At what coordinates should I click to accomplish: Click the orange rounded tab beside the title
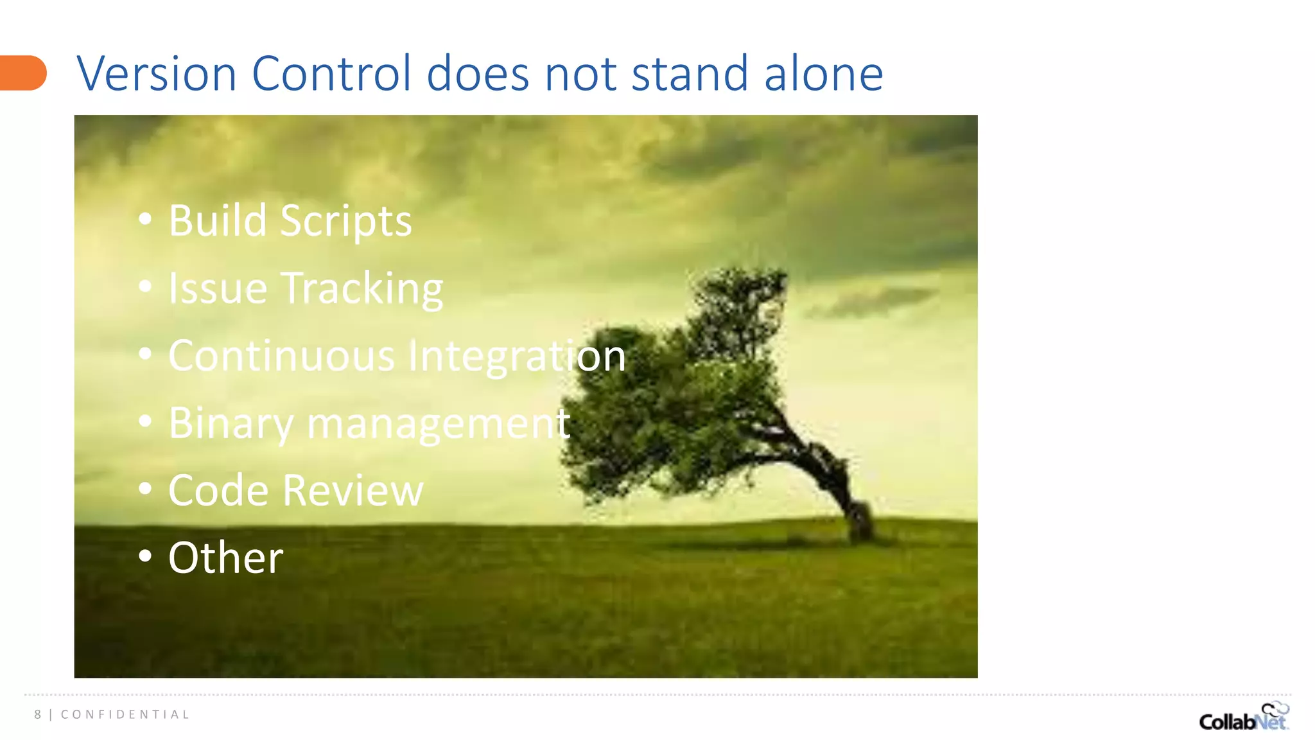[23, 73]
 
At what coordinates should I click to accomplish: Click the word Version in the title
[157, 74]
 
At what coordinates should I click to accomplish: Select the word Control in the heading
[331, 74]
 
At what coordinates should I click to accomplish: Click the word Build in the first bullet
[217, 221]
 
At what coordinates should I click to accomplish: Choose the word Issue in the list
[218, 288]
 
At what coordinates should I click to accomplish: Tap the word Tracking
[363, 290]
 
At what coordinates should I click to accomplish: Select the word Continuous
[281, 356]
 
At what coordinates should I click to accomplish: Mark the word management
[439, 425]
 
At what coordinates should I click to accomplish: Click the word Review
[353, 491]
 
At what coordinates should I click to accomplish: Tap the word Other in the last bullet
[225, 558]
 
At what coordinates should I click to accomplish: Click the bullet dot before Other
[145, 556]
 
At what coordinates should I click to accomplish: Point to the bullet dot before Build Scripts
[145, 219]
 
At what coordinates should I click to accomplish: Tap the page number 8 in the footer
[38, 714]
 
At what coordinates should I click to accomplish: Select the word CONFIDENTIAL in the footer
[125, 714]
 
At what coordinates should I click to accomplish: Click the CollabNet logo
[1243, 718]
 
